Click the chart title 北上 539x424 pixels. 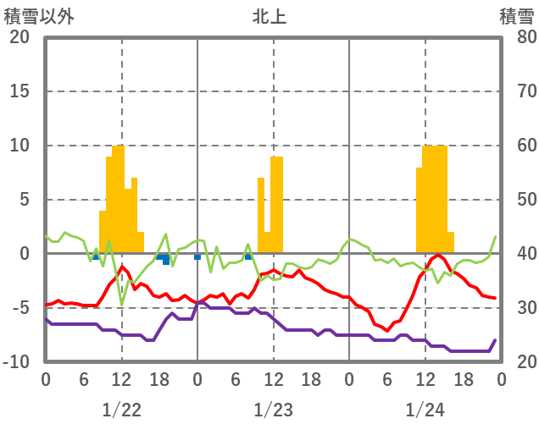(x=269, y=16)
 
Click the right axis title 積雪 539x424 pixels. (x=515, y=16)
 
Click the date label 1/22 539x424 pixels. (x=121, y=410)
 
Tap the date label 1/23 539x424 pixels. (x=273, y=410)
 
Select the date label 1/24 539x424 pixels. (x=425, y=410)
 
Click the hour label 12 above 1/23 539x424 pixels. (x=273, y=379)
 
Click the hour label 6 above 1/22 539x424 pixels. (x=84, y=379)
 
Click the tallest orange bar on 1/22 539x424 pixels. (x=119, y=200)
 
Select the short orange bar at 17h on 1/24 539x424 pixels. (x=451, y=243)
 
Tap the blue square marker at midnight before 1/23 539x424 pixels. (x=197, y=256)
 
